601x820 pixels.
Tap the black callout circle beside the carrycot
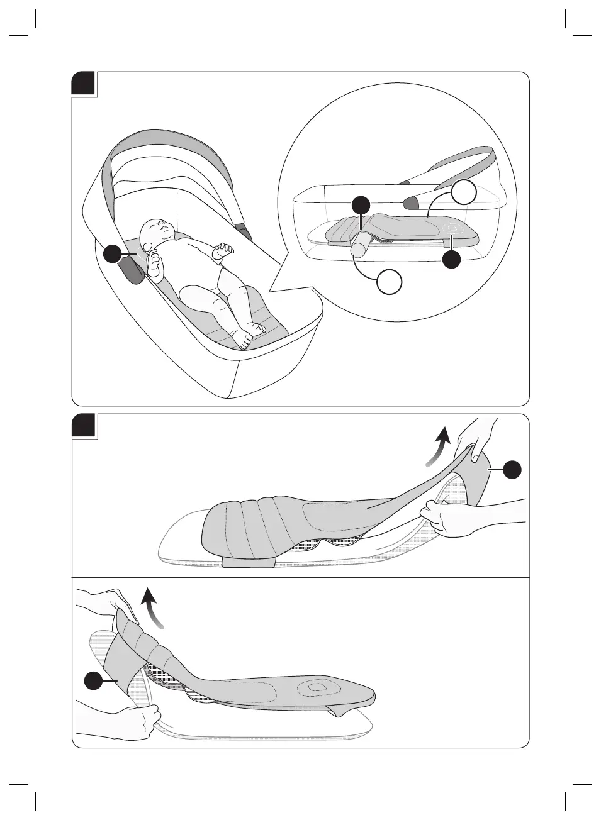click(113, 254)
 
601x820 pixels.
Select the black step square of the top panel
click(84, 84)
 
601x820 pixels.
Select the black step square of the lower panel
click(84, 426)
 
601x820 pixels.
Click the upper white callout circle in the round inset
click(464, 192)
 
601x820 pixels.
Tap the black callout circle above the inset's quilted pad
click(360, 204)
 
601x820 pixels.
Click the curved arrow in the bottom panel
click(153, 606)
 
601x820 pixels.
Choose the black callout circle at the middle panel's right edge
click(513, 470)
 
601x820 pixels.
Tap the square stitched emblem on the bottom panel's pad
click(313, 687)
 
